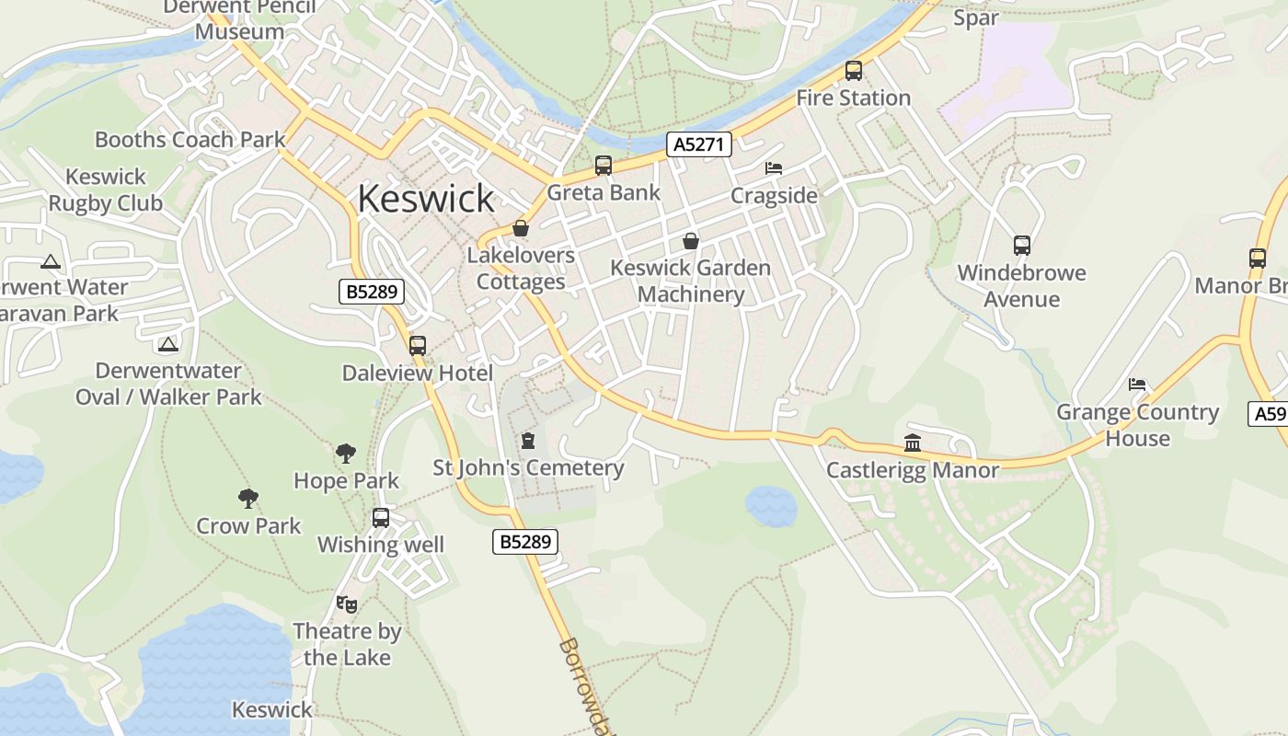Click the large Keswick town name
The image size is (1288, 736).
click(x=426, y=199)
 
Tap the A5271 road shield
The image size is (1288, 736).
click(x=699, y=144)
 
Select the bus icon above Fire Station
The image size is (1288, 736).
click(x=854, y=71)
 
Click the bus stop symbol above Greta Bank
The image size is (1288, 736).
click(x=604, y=166)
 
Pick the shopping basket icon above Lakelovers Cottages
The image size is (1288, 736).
click(x=521, y=228)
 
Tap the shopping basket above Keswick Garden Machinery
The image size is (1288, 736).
click(x=691, y=241)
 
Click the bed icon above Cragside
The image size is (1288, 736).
click(x=774, y=168)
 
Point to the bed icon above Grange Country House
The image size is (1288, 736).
click(x=1138, y=384)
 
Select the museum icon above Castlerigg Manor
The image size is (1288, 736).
click(x=913, y=443)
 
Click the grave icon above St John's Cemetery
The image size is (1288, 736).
click(x=528, y=441)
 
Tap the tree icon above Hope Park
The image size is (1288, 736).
click(x=346, y=453)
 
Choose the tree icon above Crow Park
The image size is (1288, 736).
click(x=248, y=499)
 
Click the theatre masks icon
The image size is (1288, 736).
click(x=347, y=604)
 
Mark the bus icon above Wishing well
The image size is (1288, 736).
click(x=381, y=518)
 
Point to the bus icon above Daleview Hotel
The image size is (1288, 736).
click(x=418, y=346)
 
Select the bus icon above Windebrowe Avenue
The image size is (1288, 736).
click(x=1022, y=246)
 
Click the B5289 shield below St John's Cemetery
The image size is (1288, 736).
click(x=525, y=542)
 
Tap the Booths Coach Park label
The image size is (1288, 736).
click(x=190, y=140)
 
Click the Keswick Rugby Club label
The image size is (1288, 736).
click(x=105, y=190)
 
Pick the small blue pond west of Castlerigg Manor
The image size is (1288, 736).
click(x=771, y=506)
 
